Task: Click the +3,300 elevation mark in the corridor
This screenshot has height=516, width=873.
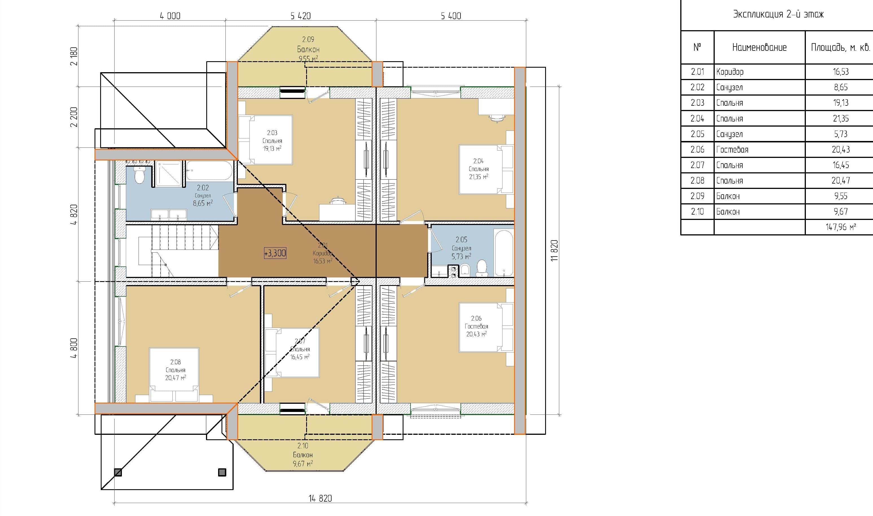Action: [275, 253]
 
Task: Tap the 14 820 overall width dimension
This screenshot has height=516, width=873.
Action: [320, 498]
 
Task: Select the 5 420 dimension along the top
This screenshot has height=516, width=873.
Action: [300, 16]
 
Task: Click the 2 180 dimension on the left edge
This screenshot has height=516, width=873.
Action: [74, 56]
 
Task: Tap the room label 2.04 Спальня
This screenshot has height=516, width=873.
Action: [479, 169]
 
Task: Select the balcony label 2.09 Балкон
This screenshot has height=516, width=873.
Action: [308, 45]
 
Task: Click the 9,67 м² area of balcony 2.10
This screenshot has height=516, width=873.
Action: [303, 464]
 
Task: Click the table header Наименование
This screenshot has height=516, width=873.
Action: [759, 47]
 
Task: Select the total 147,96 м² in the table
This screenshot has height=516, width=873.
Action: [841, 227]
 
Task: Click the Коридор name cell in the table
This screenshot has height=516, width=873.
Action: [730, 72]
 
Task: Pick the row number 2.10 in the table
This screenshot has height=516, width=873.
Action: [697, 211]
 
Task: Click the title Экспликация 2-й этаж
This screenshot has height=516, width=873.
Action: [778, 14]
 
